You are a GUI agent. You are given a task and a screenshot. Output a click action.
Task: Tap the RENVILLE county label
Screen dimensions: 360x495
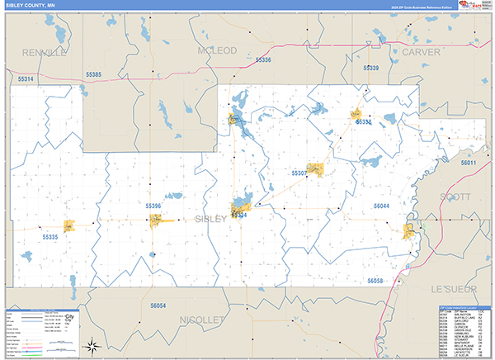coord(45,52)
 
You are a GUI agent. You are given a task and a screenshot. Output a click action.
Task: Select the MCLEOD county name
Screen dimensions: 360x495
coord(217,50)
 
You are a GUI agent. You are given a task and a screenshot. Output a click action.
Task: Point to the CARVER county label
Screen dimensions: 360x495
coord(421,52)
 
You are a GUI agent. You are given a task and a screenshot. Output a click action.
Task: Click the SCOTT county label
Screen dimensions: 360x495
coord(455,197)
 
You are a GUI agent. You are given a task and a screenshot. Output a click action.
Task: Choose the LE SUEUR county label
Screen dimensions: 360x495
coord(456,288)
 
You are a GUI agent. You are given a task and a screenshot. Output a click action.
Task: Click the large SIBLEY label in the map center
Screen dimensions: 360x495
coord(211,218)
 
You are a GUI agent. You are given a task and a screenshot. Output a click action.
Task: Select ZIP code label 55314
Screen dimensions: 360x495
coord(26,79)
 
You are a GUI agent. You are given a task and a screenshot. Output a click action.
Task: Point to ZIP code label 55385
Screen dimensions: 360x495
coord(92,75)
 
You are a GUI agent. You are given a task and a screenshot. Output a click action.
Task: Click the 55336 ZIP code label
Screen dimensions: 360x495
coord(262,60)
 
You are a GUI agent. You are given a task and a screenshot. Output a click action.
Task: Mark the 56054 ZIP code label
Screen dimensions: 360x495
coord(158,306)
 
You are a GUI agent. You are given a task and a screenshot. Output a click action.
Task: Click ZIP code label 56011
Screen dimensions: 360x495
coord(469,163)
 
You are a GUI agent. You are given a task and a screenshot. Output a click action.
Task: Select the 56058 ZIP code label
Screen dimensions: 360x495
coord(375,282)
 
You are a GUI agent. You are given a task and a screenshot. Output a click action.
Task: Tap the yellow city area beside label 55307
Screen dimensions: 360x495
coord(314,169)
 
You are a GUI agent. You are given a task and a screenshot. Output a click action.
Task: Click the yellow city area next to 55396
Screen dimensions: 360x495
coord(156,220)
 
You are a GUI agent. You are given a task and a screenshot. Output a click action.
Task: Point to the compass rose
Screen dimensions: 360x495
coord(93,348)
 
